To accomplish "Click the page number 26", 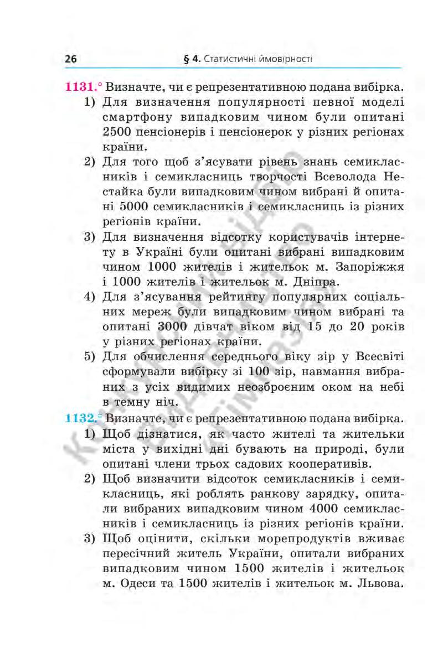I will coord(70,59).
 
